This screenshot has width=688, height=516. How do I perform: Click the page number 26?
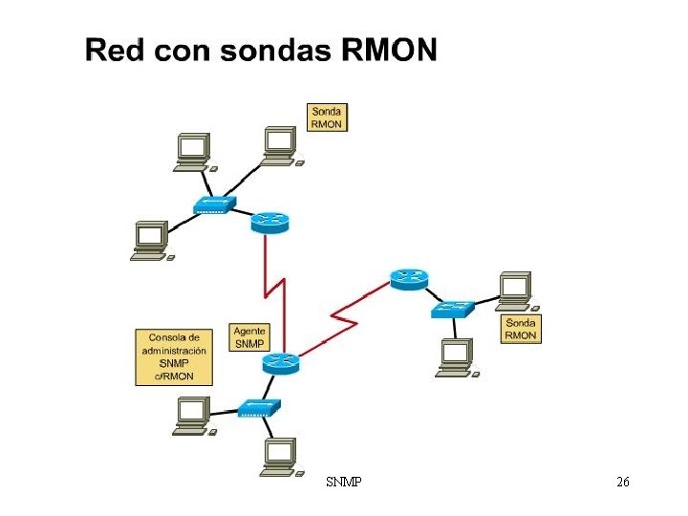[622, 484]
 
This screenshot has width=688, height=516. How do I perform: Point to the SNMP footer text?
[344, 484]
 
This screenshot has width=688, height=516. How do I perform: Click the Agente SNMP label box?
[249, 337]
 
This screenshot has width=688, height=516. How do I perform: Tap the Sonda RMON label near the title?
[326, 118]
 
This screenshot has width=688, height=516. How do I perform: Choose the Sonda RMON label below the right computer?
[521, 329]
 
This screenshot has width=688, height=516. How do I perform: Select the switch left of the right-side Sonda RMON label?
[451, 310]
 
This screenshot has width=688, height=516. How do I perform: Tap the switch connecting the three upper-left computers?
[213, 205]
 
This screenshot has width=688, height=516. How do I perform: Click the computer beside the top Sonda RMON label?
[279, 146]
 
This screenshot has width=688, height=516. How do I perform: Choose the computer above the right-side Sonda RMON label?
[514, 290]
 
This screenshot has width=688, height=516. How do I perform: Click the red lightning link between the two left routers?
[275, 287]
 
